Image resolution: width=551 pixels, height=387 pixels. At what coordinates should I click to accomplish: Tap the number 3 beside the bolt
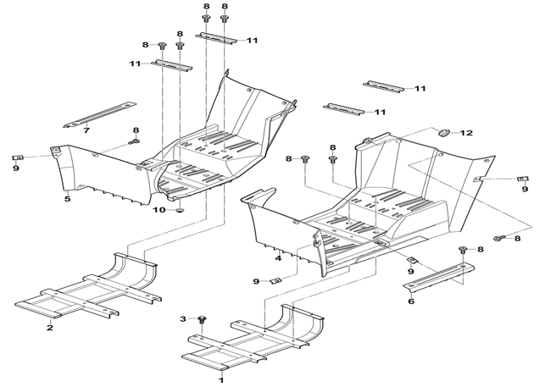click(181, 318)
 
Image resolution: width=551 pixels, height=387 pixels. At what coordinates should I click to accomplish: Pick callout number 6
click(410, 301)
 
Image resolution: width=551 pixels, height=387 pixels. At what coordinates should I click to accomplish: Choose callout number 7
click(86, 130)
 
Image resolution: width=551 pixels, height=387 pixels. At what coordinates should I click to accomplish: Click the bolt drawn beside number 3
click(202, 319)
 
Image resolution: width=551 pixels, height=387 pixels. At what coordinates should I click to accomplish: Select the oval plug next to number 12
click(442, 132)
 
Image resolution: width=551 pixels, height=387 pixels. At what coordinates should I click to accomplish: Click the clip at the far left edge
click(17, 157)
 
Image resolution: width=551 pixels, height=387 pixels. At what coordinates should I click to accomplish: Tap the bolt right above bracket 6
click(462, 250)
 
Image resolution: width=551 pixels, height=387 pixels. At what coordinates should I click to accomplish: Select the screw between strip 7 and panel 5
click(134, 141)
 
